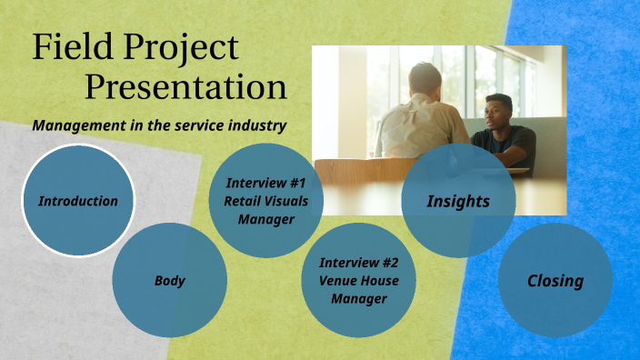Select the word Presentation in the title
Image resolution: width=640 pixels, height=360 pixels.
pyautogui.click(x=186, y=88)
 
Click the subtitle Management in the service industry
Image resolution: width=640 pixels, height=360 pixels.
pyautogui.click(x=159, y=125)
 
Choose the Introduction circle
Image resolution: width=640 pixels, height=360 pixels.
pyautogui.click(x=78, y=201)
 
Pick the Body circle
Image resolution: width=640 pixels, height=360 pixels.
pyautogui.click(x=169, y=281)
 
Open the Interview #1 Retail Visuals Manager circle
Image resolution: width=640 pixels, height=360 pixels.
pyautogui.click(x=265, y=200)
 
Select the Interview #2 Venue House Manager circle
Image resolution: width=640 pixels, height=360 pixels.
pyautogui.click(x=358, y=280)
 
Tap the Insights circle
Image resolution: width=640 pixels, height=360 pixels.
pyautogui.click(x=458, y=201)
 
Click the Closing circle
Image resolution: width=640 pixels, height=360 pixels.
pyautogui.click(x=555, y=281)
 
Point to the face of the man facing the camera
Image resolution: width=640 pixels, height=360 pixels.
pyautogui.click(x=496, y=114)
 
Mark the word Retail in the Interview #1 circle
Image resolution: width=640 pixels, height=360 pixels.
pyautogui.click(x=242, y=202)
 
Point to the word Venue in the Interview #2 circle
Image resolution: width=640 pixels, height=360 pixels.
pyautogui.click(x=340, y=281)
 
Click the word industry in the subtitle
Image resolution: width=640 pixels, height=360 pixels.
pyautogui.click(x=260, y=125)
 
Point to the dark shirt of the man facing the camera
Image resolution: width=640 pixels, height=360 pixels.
pyautogui.click(x=509, y=145)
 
